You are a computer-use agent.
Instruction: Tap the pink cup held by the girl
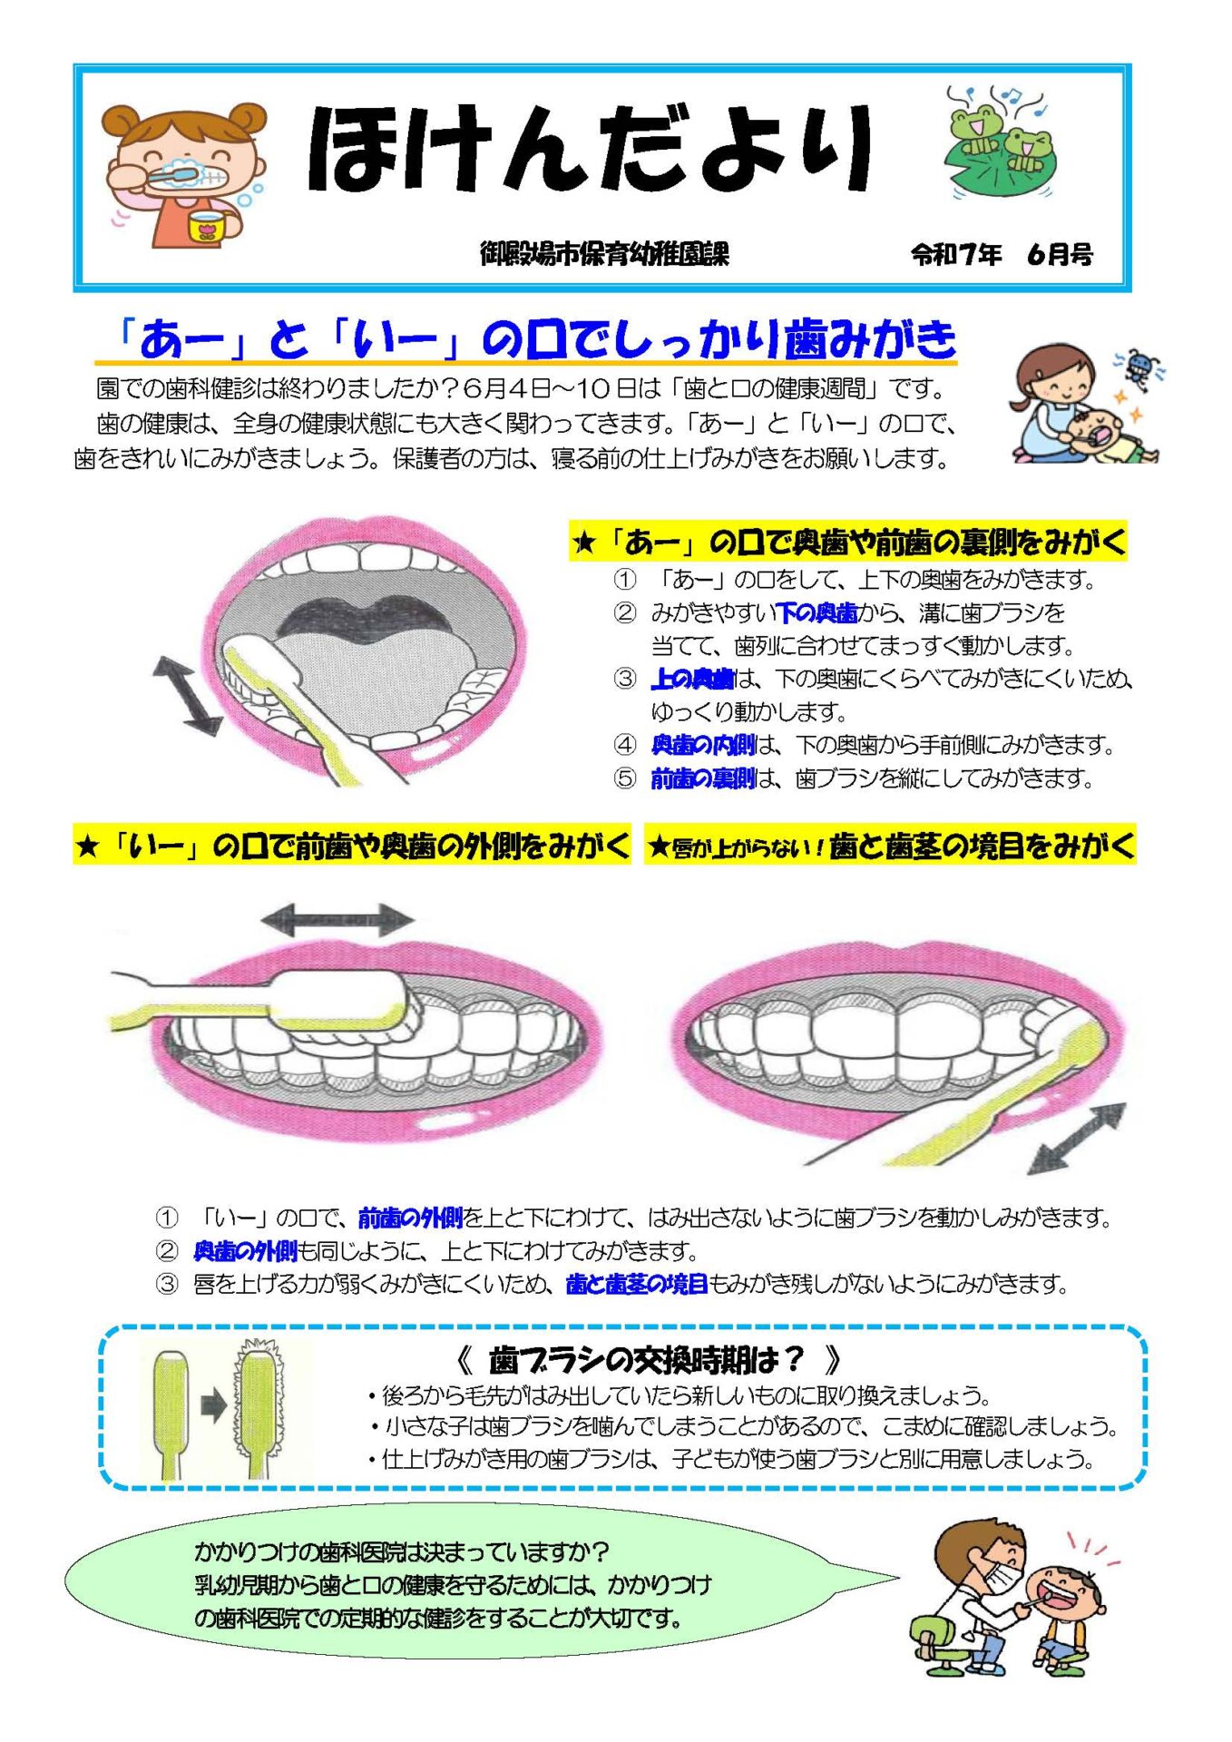point(206,227)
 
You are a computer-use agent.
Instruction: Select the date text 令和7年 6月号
point(1002,255)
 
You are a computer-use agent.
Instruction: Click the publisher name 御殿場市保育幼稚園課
point(604,254)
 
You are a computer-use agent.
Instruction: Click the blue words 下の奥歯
point(817,613)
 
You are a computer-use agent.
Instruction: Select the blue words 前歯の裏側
point(703,778)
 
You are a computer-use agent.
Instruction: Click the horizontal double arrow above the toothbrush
point(337,920)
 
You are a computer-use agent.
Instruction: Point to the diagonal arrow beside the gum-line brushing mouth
point(1078,1140)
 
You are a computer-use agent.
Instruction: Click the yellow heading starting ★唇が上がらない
point(890,847)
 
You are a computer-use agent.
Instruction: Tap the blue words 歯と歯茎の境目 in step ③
point(636,1284)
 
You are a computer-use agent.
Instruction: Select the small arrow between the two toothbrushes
point(213,1408)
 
